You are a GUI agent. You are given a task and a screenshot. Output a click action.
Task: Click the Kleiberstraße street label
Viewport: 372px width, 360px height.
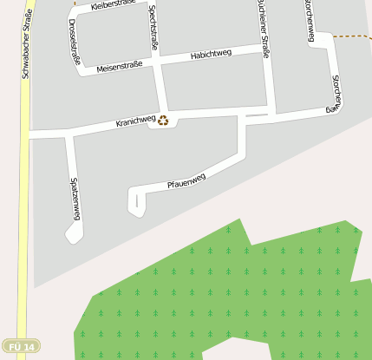pyautogui.click(x=113, y=6)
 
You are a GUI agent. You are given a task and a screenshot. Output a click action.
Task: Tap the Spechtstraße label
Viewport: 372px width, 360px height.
pyautogui.click(x=153, y=27)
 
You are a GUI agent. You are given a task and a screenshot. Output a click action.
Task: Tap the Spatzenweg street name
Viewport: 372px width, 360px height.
pyautogui.click(x=75, y=199)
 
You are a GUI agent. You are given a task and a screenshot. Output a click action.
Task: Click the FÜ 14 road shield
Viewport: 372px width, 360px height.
pyautogui.click(x=21, y=347)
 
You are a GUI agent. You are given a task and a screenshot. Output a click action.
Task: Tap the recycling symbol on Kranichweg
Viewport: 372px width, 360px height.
pyautogui.click(x=163, y=121)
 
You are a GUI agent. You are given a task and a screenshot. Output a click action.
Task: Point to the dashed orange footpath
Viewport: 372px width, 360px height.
pyautogui.click(x=352, y=37)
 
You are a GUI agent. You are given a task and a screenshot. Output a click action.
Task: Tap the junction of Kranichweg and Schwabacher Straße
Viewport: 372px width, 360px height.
pyautogui.click(x=26, y=134)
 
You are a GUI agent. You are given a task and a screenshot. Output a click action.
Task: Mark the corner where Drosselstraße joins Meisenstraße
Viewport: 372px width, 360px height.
pyautogui.click(x=80, y=69)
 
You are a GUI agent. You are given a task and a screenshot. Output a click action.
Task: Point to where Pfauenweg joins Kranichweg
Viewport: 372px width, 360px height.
pyautogui.click(x=242, y=117)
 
